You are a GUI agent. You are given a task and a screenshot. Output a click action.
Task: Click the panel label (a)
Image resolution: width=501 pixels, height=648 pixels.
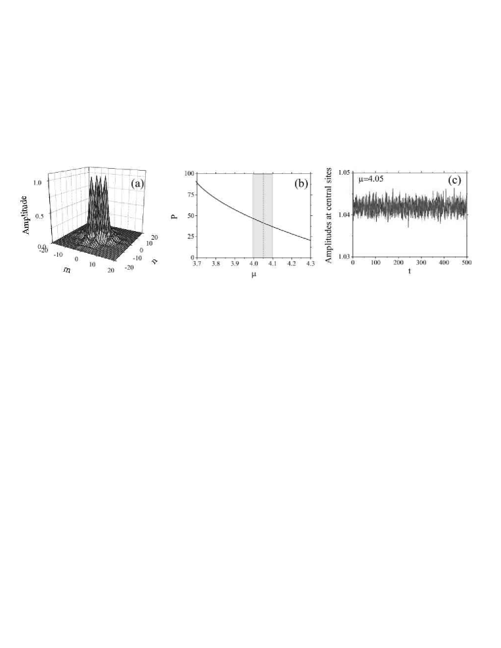click(x=137, y=184)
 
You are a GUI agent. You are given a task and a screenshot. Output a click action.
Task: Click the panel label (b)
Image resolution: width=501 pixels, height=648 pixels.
click(x=301, y=184)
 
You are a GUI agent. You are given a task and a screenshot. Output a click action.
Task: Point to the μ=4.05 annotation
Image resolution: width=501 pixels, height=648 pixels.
click(x=370, y=180)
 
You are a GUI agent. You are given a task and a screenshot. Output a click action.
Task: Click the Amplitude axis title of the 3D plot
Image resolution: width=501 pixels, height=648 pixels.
click(x=26, y=215)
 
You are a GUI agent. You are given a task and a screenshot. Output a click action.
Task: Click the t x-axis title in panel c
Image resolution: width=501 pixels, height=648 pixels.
click(x=409, y=272)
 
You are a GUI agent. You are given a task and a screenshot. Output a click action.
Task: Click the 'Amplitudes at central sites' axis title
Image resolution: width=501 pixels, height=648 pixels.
click(x=329, y=215)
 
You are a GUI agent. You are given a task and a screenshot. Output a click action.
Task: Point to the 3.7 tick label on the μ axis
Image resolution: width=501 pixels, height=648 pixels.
click(x=197, y=263)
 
